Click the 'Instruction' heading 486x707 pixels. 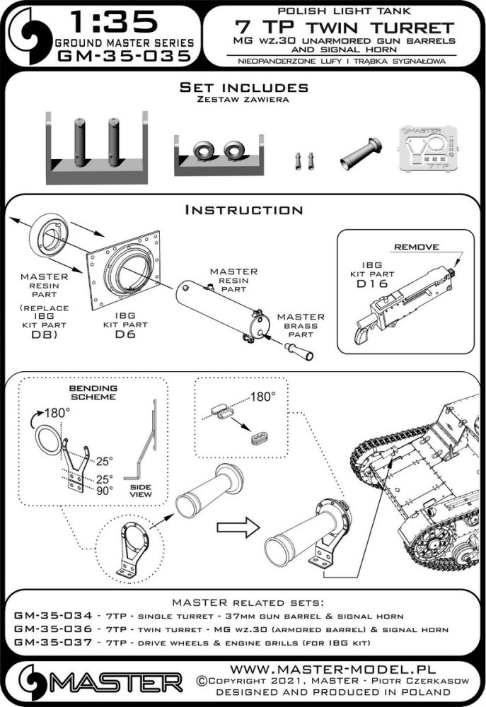(243, 210)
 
